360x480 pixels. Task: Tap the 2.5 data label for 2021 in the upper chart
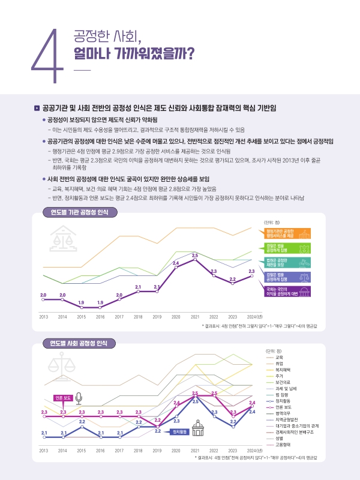(195, 256)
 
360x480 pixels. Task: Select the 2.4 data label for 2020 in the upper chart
(176, 263)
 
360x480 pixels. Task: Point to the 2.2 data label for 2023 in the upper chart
(232, 278)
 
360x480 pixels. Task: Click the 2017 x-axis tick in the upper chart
(119, 316)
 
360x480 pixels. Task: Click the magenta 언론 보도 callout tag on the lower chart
(63, 398)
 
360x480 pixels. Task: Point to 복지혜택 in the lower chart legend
(283, 370)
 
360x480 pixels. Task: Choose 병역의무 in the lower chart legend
(283, 413)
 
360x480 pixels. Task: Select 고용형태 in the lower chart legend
(283, 445)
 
